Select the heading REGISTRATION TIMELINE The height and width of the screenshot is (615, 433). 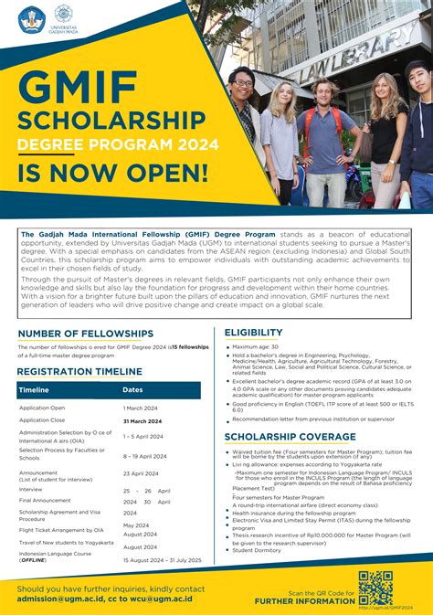80,372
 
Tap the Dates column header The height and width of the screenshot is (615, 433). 132,390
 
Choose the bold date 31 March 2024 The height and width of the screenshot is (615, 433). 143,420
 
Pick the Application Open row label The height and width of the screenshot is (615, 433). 42,408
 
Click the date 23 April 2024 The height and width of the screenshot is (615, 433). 141,473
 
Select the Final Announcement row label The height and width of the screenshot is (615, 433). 46,500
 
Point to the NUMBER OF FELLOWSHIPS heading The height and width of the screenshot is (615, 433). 86,334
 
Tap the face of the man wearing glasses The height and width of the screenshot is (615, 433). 241,80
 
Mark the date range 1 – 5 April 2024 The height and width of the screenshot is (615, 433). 144,437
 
